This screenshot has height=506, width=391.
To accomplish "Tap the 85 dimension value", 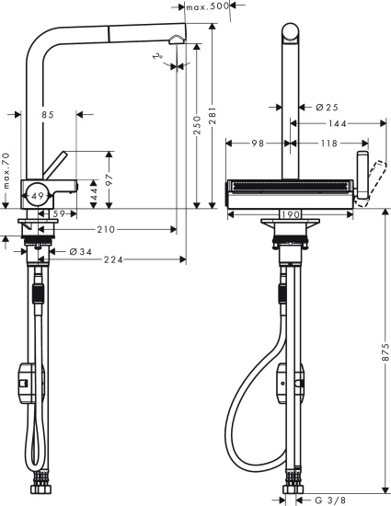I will click(x=47, y=115).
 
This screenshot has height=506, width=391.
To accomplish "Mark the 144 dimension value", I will click(x=337, y=122).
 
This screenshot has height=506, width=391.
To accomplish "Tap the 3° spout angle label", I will click(x=160, y=57).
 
